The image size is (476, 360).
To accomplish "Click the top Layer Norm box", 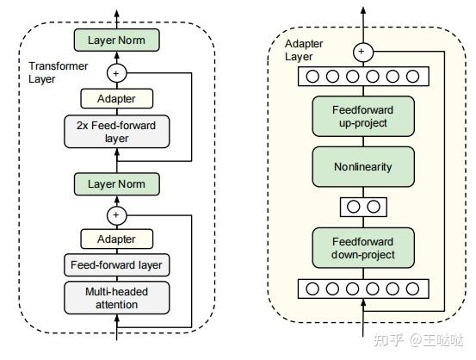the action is [x=117, y=40].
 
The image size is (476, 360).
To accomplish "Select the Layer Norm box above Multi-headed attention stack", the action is [x=117, y=184].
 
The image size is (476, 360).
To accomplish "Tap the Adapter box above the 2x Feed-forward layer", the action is [x=117, y=98].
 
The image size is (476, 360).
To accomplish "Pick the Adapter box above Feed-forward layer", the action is [x=117, y=239].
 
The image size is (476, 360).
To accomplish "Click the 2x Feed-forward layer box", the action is [x=117, y=132].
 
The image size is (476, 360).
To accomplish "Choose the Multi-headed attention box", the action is [x=117, y=298].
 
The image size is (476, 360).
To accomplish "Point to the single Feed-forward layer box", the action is [x=117, y=265].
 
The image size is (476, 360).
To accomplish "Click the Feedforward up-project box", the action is [x=363, y=116].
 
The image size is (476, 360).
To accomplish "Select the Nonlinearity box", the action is [x=363, y=167].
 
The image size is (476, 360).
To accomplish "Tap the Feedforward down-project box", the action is [x=363, y=248].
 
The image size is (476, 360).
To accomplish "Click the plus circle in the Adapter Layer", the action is [x=363, y=52].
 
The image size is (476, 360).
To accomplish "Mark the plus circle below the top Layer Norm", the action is [x=117, y=73].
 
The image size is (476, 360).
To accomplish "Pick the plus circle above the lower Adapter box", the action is [x=117, y=215].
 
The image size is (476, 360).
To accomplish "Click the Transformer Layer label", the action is [x=59, y=72].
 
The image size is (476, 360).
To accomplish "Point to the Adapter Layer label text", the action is [x=304, y=50].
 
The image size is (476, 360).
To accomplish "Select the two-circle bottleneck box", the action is [x=363, y=208].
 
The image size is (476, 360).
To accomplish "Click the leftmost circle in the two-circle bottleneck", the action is [x=354, y=207].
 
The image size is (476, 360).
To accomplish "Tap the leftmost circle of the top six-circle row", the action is [x=312, y=77].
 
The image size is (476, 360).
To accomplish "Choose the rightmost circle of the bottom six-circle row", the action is [x=413, y=289].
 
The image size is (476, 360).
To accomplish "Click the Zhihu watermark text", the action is [x=419, y=340].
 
